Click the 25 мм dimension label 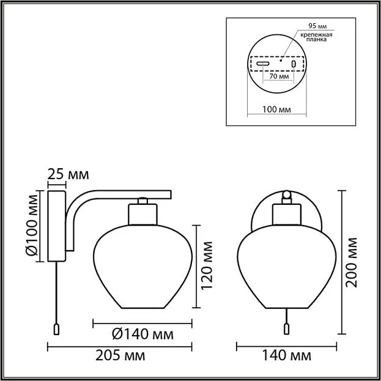(68, 174)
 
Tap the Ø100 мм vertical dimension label (32, 225)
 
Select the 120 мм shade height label (207, 265)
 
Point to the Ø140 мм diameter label (142, 335)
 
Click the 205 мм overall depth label (120, 356)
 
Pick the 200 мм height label (352, 262)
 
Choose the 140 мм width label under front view (286, 356)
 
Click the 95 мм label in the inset (317, 26)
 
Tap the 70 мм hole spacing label (279, 76)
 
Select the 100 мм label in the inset (276, 109)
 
